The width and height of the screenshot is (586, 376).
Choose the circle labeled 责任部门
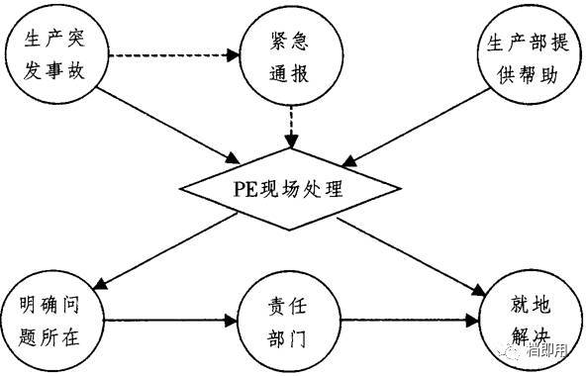[286, 319]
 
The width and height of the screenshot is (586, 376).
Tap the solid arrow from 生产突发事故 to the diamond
[168, 124]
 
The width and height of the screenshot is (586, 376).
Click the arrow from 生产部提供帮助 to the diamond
[416, 124]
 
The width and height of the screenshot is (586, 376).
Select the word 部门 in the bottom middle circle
[288, 336]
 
